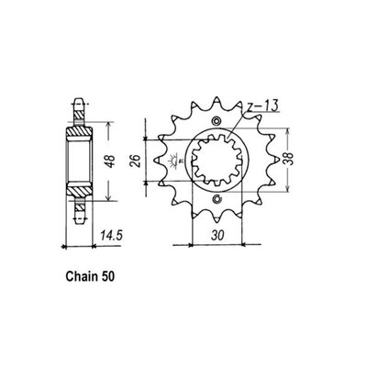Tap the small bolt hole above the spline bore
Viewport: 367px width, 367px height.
click(x=217, y=121)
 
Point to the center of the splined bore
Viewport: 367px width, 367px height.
click(x=217, y=161)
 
